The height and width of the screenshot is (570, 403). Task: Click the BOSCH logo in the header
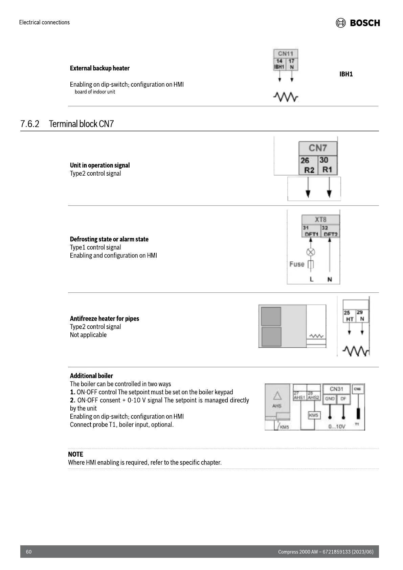[358, 23]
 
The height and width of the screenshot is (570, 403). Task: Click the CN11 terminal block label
[286, 53]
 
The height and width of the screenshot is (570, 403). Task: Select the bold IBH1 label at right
[346, 74]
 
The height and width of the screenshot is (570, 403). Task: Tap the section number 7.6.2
[30, 124]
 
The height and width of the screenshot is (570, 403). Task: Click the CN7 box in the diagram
[318, 148]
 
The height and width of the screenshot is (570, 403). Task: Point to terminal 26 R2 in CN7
[308, 165]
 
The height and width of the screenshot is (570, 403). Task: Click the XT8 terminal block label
[320, 219]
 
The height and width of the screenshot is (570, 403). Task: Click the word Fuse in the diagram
[297, 264]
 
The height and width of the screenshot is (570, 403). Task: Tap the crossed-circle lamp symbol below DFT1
[311, 252]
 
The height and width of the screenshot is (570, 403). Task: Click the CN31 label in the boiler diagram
[336, 389]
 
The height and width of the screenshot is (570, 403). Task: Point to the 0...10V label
[337, 426]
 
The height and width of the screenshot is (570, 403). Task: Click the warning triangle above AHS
[277, 395]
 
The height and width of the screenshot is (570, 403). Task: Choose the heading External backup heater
[99, 68]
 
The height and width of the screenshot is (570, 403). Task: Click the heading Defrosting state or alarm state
[109, 239]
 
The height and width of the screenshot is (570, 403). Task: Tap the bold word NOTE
[75, 454]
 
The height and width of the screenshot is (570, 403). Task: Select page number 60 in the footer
[29, 552]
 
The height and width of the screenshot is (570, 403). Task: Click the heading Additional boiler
[91, 376]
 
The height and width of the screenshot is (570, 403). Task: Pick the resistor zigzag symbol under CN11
[286, 97]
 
